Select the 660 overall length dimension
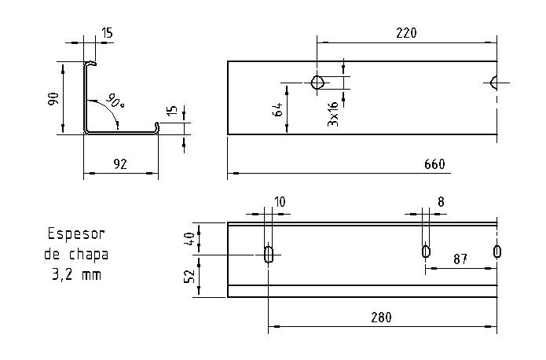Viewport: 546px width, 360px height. (x=434, y=164)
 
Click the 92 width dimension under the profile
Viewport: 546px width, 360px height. (x=120, y=164)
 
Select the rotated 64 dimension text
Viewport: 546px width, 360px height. (x=277, y=109)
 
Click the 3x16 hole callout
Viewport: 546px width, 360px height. (x=333, y=115)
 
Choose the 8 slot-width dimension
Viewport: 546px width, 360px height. (x=441, y=202)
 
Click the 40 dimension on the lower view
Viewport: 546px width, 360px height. (x=189, y=238)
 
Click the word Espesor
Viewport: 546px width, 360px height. (x=76, y=233)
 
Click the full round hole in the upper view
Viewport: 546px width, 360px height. (x=317, y=83)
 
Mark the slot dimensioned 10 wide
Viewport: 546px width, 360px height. (x=269, y=253)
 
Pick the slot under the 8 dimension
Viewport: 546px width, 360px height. (x=426, y=252)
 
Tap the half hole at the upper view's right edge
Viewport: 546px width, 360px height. (x=493, y=83)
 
